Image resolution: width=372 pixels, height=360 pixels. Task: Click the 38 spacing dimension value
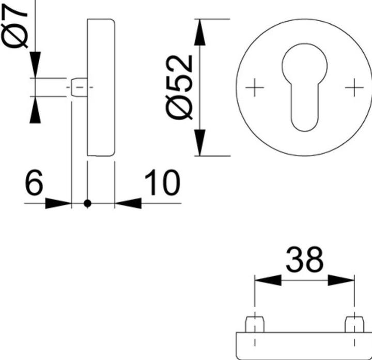coord(304,260)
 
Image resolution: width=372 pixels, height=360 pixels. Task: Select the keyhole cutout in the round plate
coord(304,83)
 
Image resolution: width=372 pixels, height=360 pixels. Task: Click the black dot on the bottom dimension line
coord(87,203)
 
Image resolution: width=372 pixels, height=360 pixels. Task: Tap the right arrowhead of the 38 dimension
coord(342,280)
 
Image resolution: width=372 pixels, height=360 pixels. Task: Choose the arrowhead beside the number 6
coord(57,203)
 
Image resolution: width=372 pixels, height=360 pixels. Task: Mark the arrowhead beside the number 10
coord(128,203)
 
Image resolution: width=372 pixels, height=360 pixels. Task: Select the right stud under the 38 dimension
coord(354,323)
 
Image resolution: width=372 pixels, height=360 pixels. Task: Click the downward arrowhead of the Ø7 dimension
coord(35,66)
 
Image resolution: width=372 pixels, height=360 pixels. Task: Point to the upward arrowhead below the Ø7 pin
coord(35,110)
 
